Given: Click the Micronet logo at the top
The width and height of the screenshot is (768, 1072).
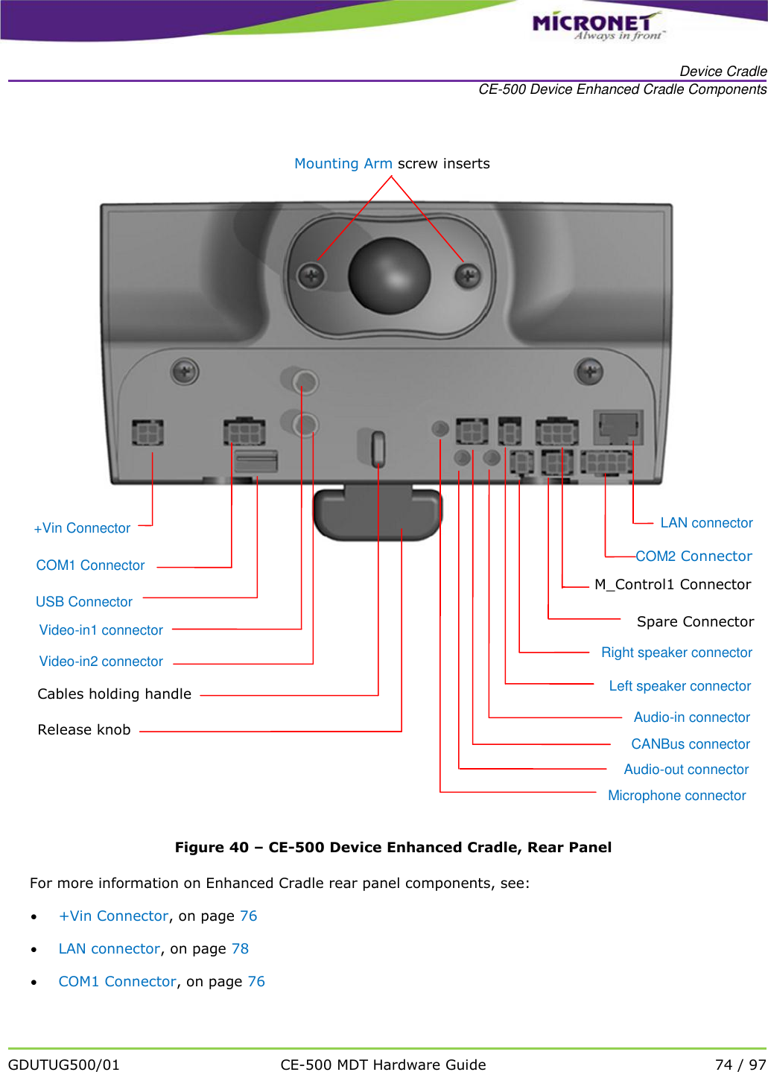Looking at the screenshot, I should (x=596, y=26).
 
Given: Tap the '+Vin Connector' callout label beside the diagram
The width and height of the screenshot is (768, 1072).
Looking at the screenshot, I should (x=82, y=528).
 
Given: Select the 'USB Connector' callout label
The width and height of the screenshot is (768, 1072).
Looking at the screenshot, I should (x=84, y=602).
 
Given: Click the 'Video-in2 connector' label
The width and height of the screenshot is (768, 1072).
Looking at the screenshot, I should (x=101, y=662).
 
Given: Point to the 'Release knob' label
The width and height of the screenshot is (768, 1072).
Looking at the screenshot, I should (x=84, y=730).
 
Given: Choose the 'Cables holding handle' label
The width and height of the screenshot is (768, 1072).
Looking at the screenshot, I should (x=115, y=694).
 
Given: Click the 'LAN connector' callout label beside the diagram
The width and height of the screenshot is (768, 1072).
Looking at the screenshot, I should (x=706, y=523).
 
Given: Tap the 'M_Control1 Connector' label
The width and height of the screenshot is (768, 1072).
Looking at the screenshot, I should (x=673, y=585).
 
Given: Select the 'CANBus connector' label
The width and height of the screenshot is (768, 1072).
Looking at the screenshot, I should (x=691, y=744).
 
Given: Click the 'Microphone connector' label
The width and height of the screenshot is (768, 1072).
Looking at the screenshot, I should (x=676, y=796).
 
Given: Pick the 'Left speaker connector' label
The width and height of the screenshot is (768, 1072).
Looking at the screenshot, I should (x=679, y=686).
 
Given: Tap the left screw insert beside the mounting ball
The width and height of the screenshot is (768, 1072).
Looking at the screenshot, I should (x=311, y=277).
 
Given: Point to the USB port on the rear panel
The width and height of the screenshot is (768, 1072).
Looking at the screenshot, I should (x=256, y=461).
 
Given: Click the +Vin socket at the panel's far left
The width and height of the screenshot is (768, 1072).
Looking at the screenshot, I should (x=147, y=432).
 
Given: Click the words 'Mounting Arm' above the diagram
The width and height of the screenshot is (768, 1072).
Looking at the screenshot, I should (x=343, y=164).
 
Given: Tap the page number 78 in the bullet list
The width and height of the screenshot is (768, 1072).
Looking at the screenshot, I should (x=240, y=949).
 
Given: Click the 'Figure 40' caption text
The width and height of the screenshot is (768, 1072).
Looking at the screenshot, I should (x=393, y=848).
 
